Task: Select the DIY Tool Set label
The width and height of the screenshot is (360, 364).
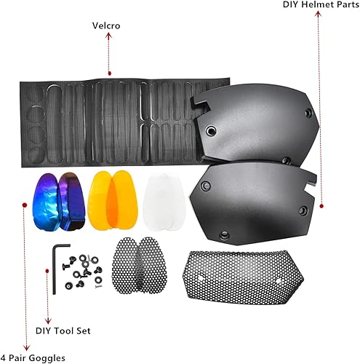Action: tap(64, 329)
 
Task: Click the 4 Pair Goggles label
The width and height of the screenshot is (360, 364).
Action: tap(32, 357)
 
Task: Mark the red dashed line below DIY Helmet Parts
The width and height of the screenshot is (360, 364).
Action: tap(321, 109)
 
